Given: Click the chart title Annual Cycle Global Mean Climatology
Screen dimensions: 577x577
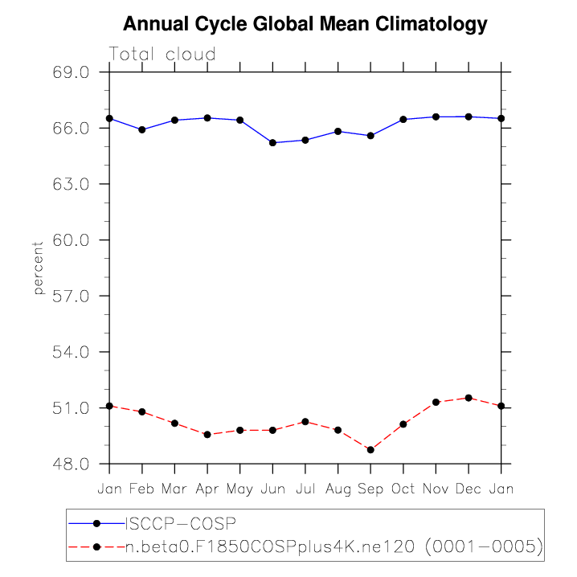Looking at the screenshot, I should point(305,24).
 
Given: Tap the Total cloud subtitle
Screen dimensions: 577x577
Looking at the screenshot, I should point(162,55).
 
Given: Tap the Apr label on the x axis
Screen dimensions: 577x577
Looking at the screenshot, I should point(207,488).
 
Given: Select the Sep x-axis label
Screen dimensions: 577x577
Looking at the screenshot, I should point(370,488).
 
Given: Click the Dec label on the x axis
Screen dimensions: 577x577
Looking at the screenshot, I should point(469,488).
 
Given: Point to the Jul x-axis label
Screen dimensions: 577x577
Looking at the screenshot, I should point(305,488).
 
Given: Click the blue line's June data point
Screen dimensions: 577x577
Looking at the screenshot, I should point(272,142).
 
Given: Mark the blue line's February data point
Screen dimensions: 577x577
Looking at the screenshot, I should point(142,129).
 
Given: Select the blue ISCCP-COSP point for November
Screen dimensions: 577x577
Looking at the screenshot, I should point(436,117).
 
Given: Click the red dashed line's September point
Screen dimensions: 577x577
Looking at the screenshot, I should point(370,450).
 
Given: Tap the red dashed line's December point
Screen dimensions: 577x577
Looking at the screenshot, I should point(469,398).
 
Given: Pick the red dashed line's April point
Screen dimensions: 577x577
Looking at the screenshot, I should point(207,435).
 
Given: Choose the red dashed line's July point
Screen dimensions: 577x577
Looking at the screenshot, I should point(305,421).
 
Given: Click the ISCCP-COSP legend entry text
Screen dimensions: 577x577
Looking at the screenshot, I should point(181,523).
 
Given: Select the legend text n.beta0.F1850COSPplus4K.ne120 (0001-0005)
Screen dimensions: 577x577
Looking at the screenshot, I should point(334,547).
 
